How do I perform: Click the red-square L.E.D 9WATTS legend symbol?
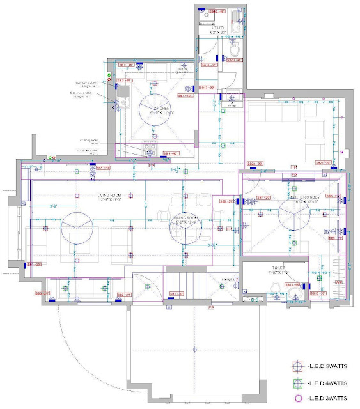click(297, 366)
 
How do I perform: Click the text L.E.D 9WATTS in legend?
click(328, 366)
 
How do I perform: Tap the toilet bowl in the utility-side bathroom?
click(234, 49)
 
